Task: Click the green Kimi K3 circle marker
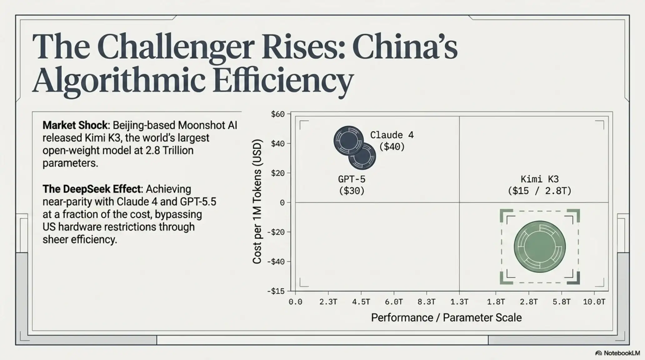(540, 247)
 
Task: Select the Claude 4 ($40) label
(392, 141)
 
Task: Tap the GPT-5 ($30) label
(352, 185)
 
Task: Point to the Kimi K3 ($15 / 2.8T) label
(540, 185)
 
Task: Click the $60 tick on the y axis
(278, 114)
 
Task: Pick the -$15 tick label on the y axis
(276, 291)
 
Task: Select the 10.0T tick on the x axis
(594, 302)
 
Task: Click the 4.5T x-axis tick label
(361, 302)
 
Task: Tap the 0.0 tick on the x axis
(295, 302)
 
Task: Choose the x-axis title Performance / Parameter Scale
(446, 318)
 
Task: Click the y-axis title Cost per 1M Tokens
(257, 202)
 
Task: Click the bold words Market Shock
(75, 125)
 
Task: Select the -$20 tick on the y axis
(276, 232)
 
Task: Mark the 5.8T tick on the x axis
(562, 302)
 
